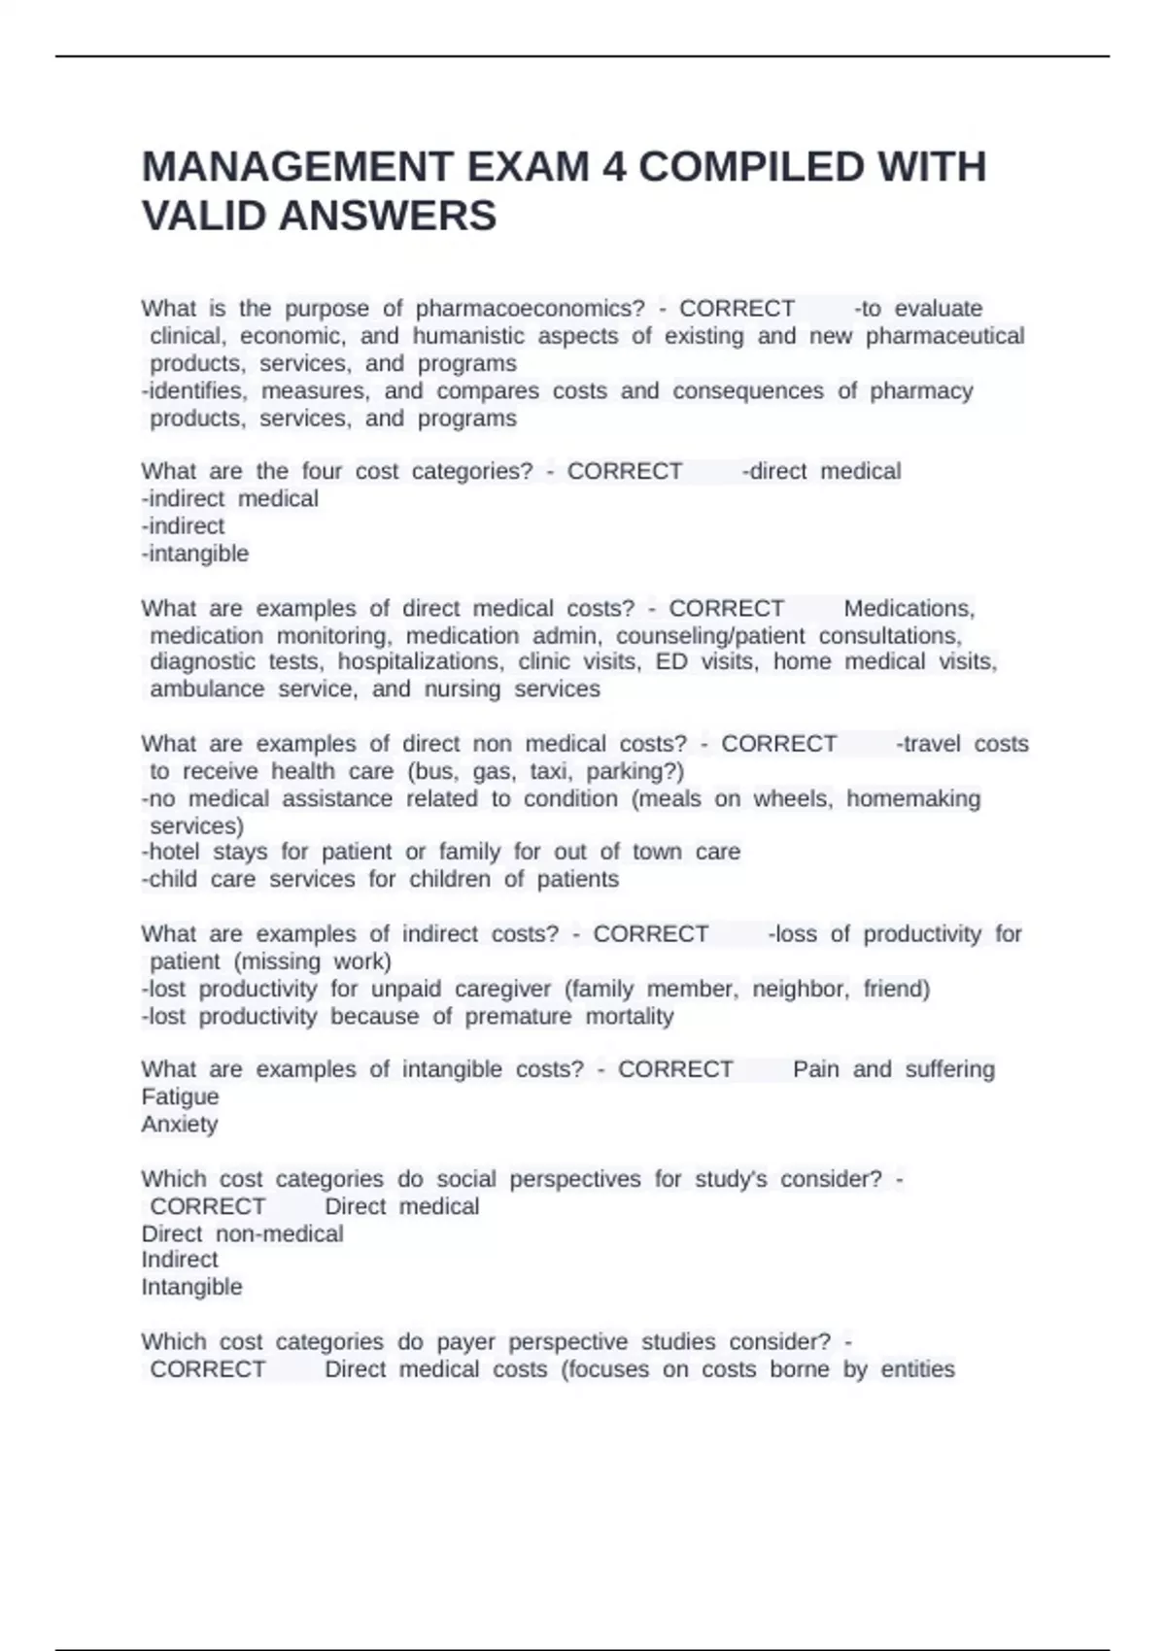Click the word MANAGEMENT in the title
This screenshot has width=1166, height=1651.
pyautogui.click(x=297, y=167)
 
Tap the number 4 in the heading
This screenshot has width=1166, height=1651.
pyautogui.click(x=614, y=167)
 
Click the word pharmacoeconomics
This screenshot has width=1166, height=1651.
pyautogui.click(x=530, y=309)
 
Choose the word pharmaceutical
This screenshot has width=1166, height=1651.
pyautogui.click(x=944, y=336)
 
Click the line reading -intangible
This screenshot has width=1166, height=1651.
pyautogui.click(x=195, y=554)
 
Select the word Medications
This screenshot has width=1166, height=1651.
pyautogui.click(x=909, y=609)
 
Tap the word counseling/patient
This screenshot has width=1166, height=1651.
pyautogui.click(x=710, y=636)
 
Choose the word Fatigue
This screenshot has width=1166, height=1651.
pyautogui.click(x=180, y=1096)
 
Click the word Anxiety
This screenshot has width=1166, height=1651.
pyautogui.click(x=180, y=1125)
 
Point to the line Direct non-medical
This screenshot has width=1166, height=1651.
pyautogui.click(x=242, y=1234)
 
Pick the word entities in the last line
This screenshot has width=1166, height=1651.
pyautogui.click(x=917, y=1369)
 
